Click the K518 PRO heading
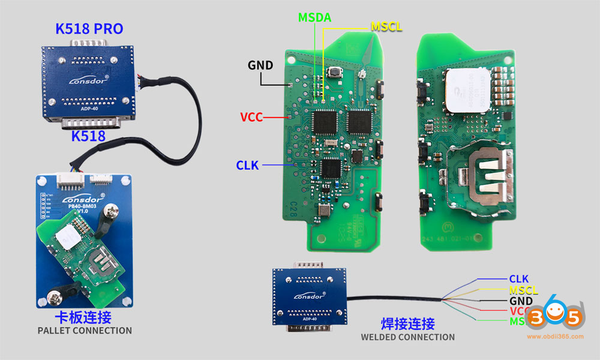[89, 28]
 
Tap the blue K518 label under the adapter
[88, 136]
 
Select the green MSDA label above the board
[314, 18]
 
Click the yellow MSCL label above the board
[386, 27]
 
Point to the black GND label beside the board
[260, 65]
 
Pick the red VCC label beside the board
[251, 117]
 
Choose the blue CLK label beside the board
[247, 165]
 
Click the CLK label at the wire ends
[518, 278]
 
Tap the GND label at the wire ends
[521, 301]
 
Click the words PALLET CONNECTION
[85, 331]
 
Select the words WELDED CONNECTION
[407, 337]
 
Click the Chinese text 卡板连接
[83, 317]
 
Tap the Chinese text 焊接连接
[407, 324]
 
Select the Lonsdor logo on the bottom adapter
[309, 296]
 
